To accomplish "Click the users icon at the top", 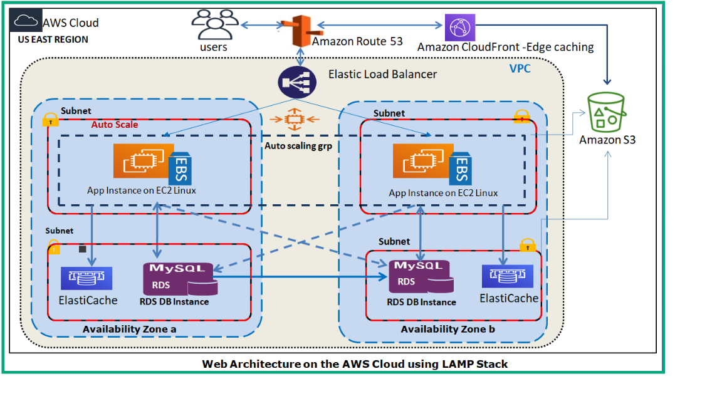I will pyautogui.click(x=215, y=25).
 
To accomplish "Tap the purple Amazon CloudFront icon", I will pyautogui.click(x=461, y=28).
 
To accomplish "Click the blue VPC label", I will pyautogui.click(x=520, y=68).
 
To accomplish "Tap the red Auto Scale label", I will pyautogui.click(x=115, y=125).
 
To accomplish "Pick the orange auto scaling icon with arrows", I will pyautogui.click(x=293, y=120).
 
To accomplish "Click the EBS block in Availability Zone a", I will pyautogui.click(x=180, y=167).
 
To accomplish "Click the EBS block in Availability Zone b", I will pyautogui.click(x=461, y=167).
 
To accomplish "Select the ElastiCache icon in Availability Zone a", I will pyautogui.click(x=86, y=278).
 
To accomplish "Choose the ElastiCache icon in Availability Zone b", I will pyautogui.click(x=507, y=276).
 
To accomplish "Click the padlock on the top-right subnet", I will pyautogui.click(x=521, y=117).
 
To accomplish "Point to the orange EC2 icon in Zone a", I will pyautogui.click(x=140, y=161).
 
